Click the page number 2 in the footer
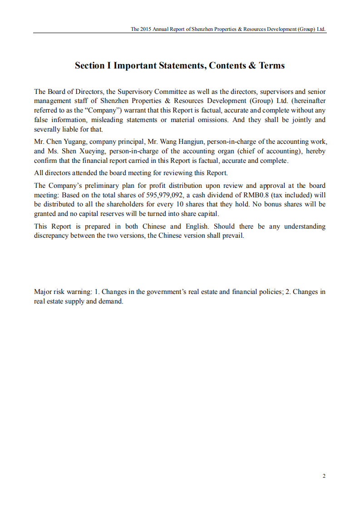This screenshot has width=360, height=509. (x=324, y=476)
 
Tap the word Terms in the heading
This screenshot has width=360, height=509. (x=271, y=66)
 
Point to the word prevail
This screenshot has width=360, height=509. (x=233, y=236)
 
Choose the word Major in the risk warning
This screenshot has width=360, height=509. (x=43, y=292)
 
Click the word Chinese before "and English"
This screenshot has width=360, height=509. (x=154, y=226)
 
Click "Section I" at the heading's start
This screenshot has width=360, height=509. (x=93, y=66)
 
